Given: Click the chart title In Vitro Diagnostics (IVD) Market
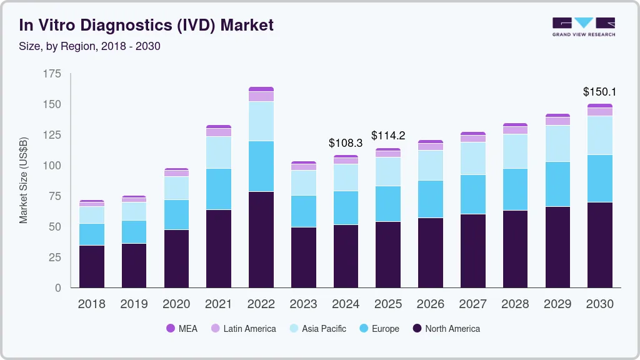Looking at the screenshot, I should [146, 26].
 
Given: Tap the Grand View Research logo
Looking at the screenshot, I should [583, 27].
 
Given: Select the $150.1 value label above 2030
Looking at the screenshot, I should [599, 92].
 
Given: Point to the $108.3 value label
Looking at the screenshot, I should [346, 143].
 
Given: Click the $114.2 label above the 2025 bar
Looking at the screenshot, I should [388, 136].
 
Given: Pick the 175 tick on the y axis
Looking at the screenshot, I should [52, 74].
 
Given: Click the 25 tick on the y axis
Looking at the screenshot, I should [54, 257].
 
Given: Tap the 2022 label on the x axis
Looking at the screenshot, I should [261, 304].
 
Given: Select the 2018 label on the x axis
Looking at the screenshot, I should [91, 304].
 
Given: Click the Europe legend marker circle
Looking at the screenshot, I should [362, 329].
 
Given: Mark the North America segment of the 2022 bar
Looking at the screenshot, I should [261, 239].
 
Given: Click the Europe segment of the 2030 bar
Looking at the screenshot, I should [599, 178].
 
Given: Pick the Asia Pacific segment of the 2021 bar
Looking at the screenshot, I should [218, 152].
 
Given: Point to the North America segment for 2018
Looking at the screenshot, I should [91, 266].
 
